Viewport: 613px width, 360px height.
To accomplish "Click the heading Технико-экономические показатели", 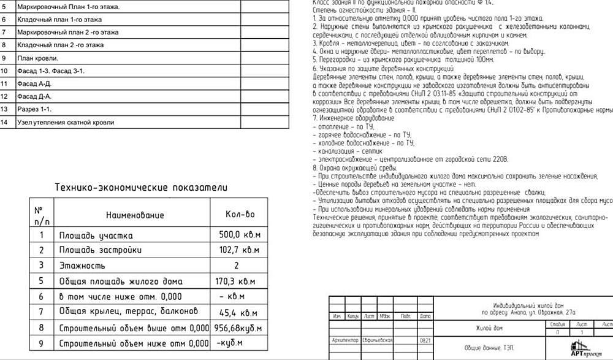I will click(141, 188).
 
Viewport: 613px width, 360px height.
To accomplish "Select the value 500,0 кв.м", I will click(239, 236).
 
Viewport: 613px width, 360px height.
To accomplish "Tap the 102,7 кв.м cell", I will click(239, 250).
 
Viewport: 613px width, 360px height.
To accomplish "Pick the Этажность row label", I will click(82, 266).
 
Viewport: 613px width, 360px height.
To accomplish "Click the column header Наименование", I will click(135, 215).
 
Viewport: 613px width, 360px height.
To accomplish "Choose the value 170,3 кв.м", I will click(239, 281).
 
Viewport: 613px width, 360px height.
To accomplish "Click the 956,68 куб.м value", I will click(238, 328).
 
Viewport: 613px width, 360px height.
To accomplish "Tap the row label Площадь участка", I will click(96, 236).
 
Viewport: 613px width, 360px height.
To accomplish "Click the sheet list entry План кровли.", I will click(37, 58).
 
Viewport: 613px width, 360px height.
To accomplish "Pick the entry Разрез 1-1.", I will click(34, 109).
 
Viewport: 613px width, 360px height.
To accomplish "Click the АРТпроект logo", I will click(587, 348).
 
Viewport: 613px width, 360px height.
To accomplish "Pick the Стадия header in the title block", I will click(558, 323).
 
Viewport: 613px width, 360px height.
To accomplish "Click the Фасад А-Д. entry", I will click(34, 83).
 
